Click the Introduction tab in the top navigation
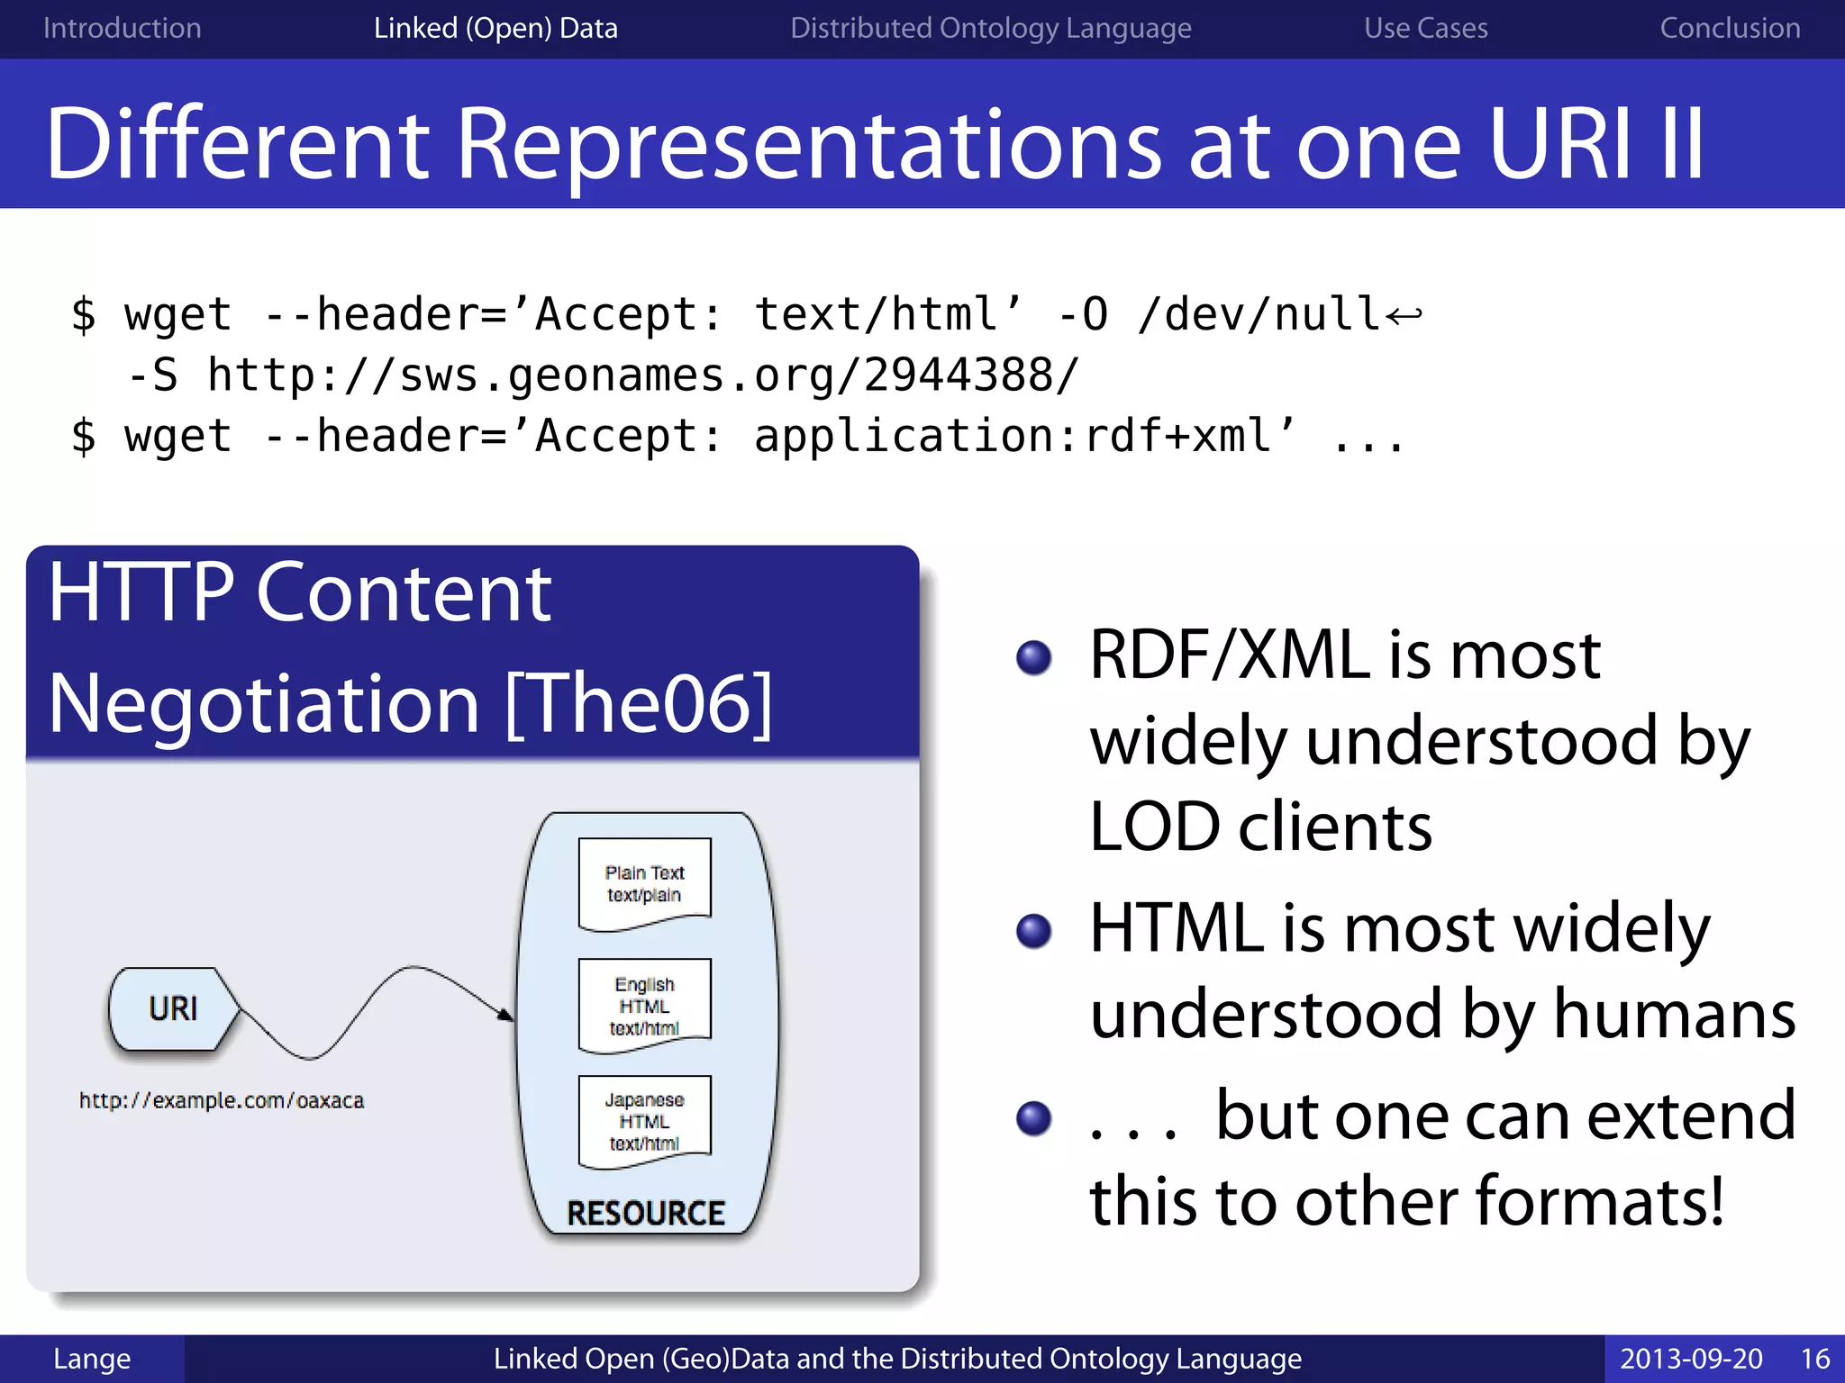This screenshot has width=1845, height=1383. tap(122, 28)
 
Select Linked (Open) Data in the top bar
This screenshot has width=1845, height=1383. tap(495, 28)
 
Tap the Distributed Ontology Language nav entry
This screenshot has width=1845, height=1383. tap(990, 28)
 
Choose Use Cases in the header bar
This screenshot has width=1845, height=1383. tap(1425, 28)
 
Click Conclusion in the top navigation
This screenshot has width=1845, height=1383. tap(1730, 28)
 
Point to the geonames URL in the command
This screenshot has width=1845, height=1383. tap(641, 375)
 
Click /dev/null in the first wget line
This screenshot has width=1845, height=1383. tap(1259, 314)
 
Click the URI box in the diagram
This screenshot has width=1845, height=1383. tap(173, 1008)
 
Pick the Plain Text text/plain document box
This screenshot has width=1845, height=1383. tap(644, 883)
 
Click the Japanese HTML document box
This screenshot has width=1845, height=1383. tap(644, 1121)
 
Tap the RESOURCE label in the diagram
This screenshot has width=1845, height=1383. tap(645, 1213)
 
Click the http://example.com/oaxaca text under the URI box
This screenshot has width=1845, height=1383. tap(222, 1100)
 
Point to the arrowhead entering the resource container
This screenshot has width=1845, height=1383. tap(506, 1015)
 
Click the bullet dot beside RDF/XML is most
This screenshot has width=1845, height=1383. tap(1033, 657)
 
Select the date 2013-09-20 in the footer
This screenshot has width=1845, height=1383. tap(1691, 1358)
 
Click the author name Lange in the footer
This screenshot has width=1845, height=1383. tap(92, 1358)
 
